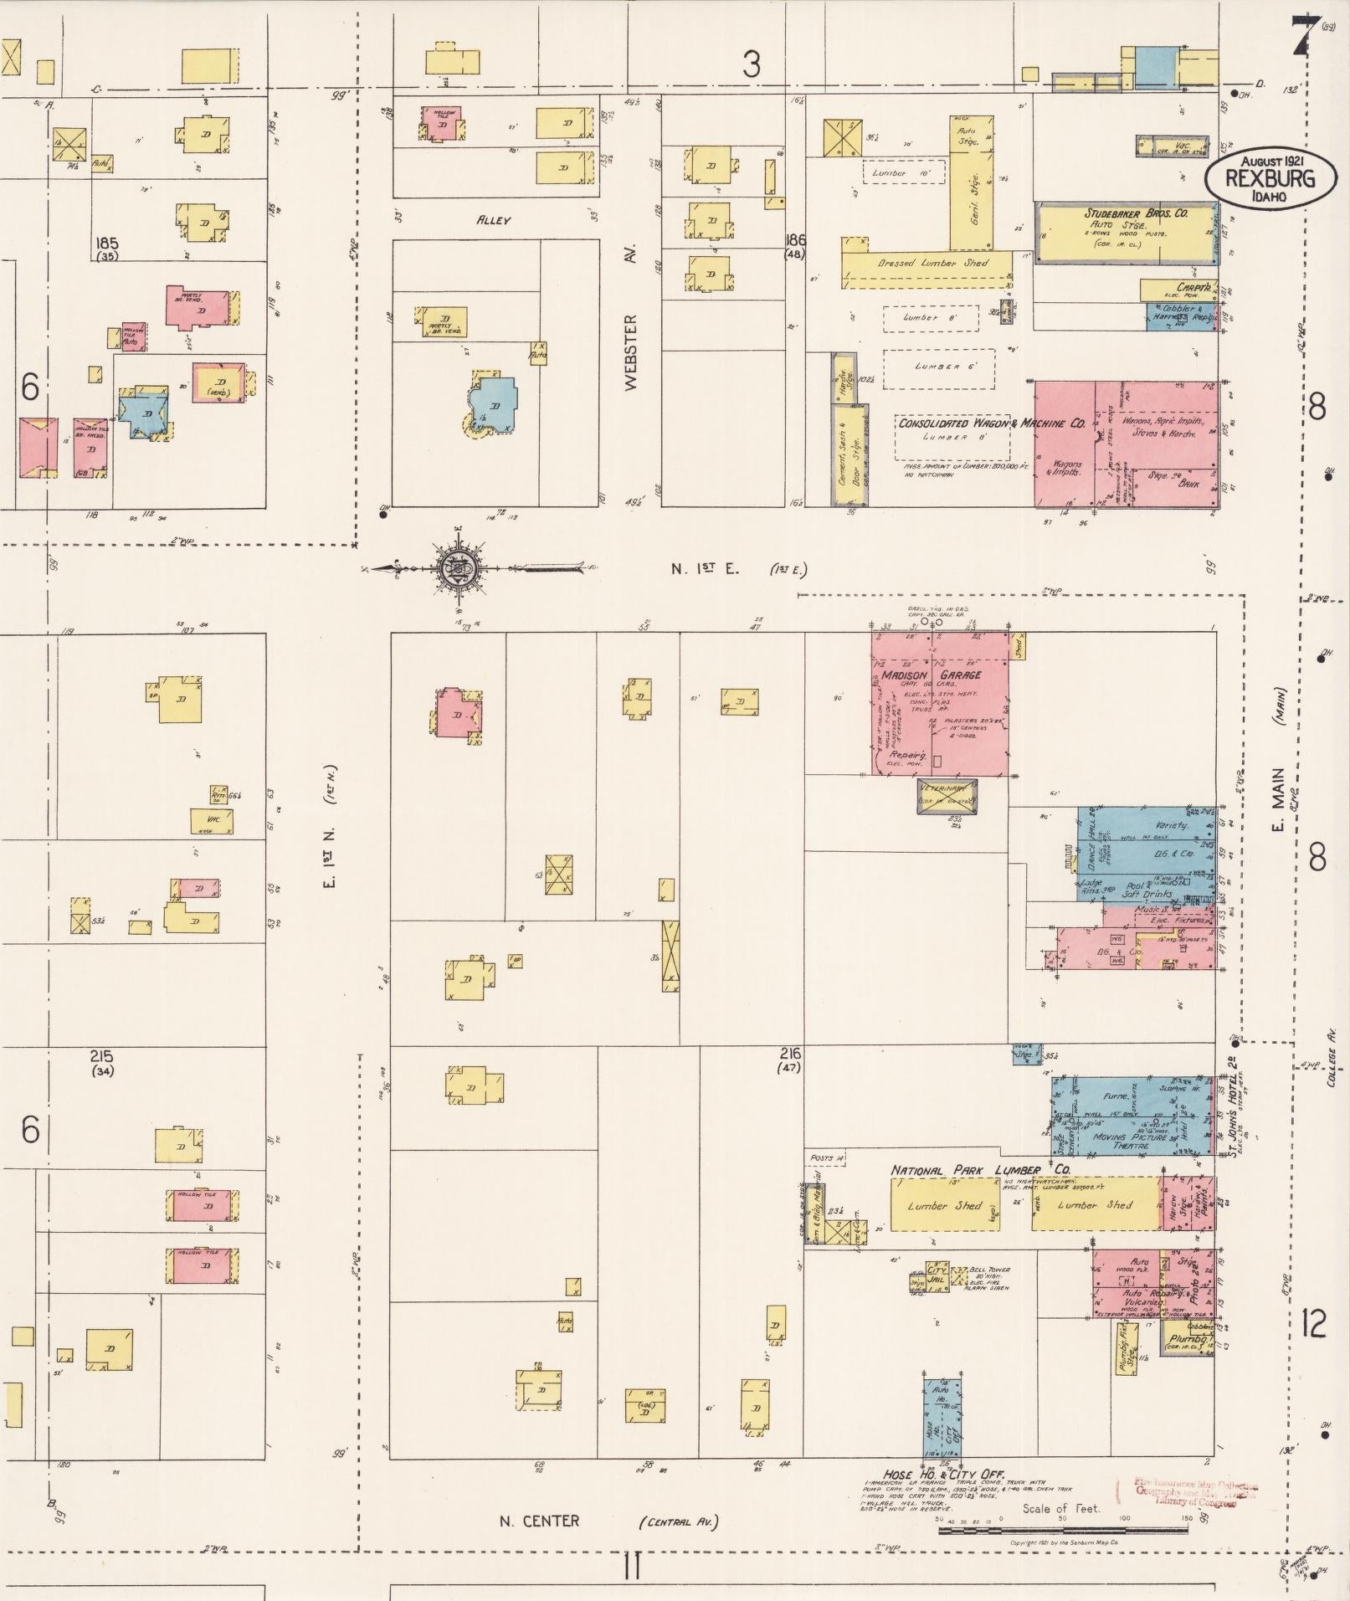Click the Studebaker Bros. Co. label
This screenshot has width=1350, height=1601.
1136,213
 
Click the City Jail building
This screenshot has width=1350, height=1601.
937,1280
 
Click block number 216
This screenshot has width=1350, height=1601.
789,1054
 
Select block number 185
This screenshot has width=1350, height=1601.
106,244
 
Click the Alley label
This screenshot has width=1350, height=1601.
493,221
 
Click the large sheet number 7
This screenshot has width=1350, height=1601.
1301,35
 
